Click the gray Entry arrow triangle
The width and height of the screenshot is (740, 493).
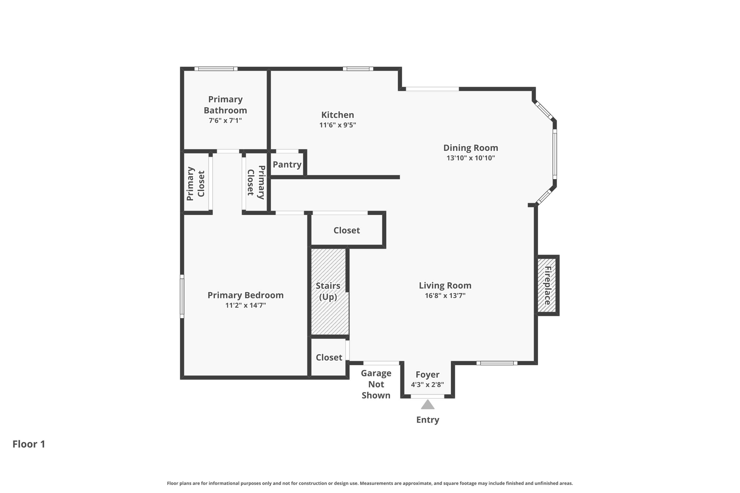tap(427, 405)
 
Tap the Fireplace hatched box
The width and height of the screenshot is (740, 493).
tap(547, 285)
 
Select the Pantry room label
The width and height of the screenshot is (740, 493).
tap(287, 165)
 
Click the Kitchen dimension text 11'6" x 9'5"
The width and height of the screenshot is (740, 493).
tap(337, 125)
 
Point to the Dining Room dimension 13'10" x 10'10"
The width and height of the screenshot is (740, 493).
tap(470, 158)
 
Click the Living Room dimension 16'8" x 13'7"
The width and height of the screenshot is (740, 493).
tap(445, 296)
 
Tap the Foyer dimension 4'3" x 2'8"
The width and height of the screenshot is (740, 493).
tap(427, 385)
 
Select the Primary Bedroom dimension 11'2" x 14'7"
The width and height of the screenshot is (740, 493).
tap(246, 306)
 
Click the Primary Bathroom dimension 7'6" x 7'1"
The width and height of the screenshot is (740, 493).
tap(225, 121)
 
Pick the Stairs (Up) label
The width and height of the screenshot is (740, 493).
tap(328, 291)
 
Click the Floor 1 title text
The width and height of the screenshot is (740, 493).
tap(29, 444)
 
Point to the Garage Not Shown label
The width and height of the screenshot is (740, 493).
tap(376, 384)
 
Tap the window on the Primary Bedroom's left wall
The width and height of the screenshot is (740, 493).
tap(182, 297)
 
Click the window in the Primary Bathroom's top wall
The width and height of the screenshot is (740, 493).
tap(216, 69)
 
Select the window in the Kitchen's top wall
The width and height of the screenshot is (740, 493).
tap(358, 69)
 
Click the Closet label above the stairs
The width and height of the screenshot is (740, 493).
tap(347, 230)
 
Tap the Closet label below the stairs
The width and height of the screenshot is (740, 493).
tap(329, 358)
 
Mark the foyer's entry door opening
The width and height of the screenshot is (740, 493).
tap(427, 396)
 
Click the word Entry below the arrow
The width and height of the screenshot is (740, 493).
tap(428, 420)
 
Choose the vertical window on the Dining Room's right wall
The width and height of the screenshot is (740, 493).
tap(555, 154)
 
